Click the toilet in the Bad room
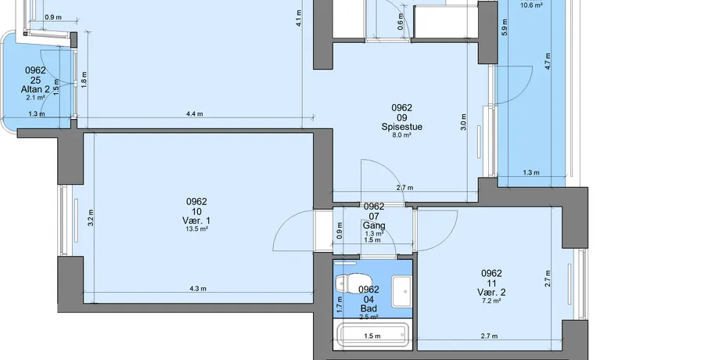tap(347, 283)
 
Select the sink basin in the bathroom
tap(401, 291)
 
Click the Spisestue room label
tap(402, 127)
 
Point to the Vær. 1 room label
tap(196, 221)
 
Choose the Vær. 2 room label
tap(491, 293)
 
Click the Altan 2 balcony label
tap(35, 89)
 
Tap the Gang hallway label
tap(374, 225)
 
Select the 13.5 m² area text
tap(196, 229)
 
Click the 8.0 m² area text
tap(402, 135)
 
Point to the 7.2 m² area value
tap(491, 301)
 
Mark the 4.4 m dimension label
tap(194, 113)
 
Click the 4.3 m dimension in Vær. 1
tap(198, 288)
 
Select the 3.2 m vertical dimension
tap(91, 218)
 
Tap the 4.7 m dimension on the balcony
tap(548, 61)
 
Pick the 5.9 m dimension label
tap(505, 27)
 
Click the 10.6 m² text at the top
tap(531, 5)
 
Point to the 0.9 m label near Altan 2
tap(53, 17)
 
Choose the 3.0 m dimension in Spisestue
tap(464, 122)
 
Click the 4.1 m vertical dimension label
tap(299, 19)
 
